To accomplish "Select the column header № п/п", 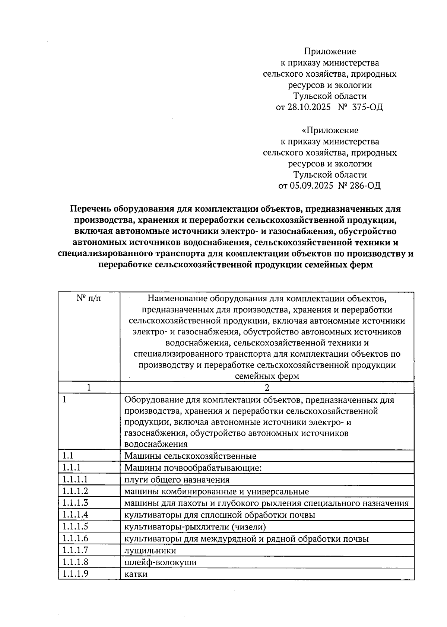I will pos(89,298).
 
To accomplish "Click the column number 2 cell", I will pos(267,388).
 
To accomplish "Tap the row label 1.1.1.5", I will pos(75,526).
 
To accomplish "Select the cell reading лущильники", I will pos(150,550).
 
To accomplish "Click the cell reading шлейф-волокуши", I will pos(160,562).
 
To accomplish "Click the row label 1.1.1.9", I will pos(75,573).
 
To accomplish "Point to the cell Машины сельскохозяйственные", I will pos(190,456).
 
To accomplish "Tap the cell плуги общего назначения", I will pos(177,480).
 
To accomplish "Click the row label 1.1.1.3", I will pos(75,503).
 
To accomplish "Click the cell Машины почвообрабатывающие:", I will pos(193,468).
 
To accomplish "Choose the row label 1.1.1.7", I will pos(75,550).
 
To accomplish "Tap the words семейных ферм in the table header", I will pos(267,376).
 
